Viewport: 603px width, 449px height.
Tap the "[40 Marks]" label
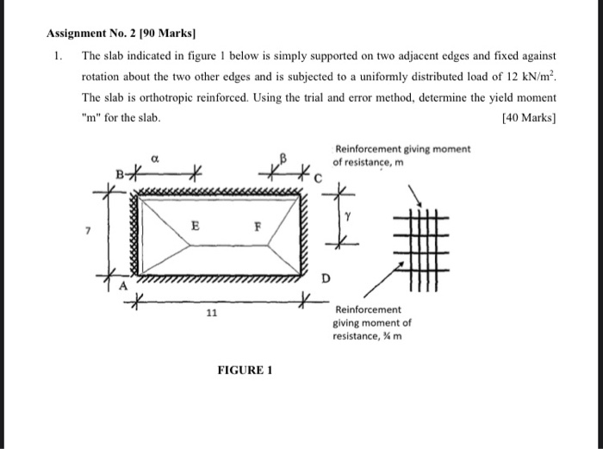coord(529,115)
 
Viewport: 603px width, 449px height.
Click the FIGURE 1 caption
coord(245,371)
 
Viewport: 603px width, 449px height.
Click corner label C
coord(316,179)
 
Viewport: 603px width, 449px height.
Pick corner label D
coord(325,278)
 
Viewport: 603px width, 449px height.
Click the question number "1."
coord(57,54)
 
